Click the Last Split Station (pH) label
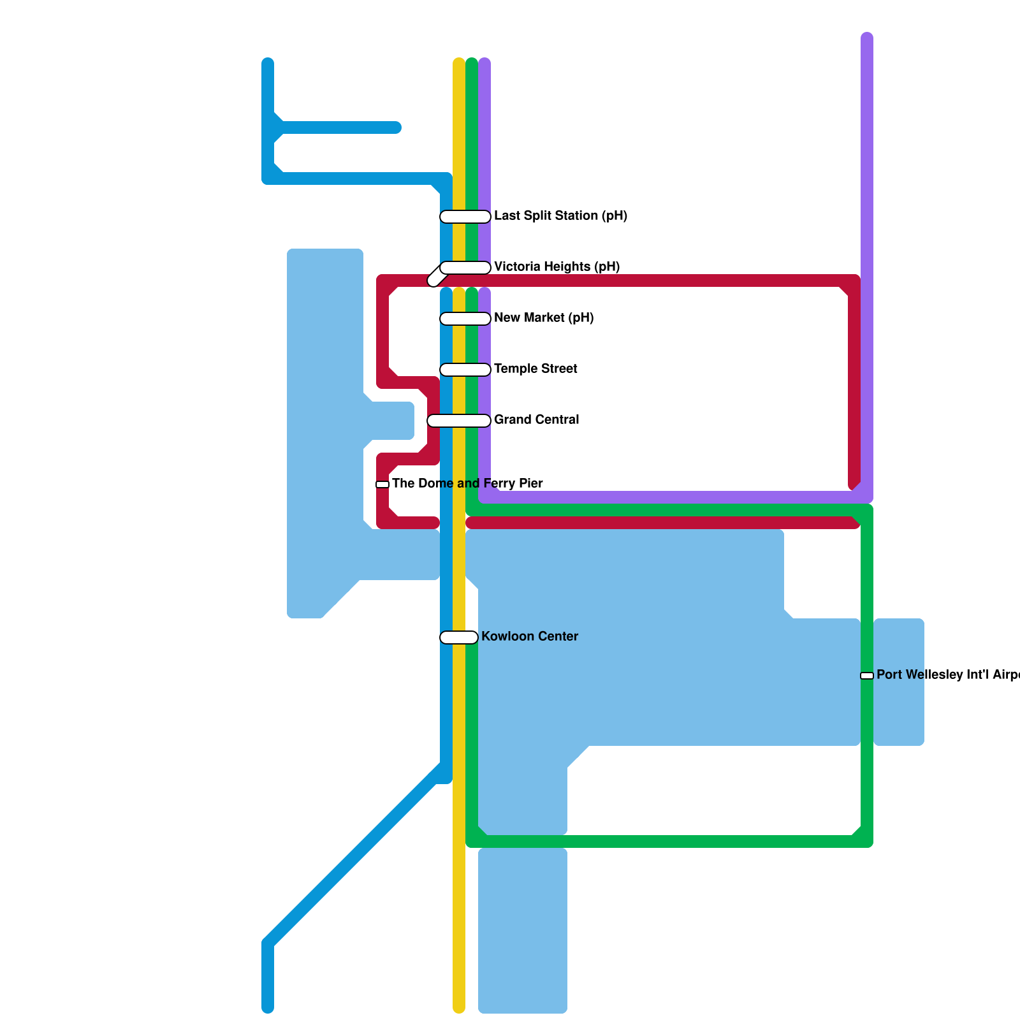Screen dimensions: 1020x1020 560,216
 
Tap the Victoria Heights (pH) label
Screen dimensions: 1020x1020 557,267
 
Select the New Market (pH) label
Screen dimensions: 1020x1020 544,318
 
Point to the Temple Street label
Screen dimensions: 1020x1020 535,369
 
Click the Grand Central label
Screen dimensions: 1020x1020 536,420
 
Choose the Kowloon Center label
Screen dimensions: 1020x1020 529,637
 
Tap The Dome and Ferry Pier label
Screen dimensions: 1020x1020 467,484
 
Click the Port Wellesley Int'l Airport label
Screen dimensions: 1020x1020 947,675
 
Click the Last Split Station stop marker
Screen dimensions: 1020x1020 465,217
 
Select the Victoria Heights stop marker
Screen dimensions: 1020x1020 464,268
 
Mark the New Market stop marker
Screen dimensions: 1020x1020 465,319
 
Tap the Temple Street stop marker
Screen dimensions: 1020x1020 465,370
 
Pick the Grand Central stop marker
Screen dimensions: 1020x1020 459,421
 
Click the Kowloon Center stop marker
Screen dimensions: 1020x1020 459,637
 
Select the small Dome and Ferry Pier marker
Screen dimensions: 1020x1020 382,484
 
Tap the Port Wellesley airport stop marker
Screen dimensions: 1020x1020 867,676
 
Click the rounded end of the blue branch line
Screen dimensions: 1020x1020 396,127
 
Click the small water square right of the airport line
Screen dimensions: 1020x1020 899,681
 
